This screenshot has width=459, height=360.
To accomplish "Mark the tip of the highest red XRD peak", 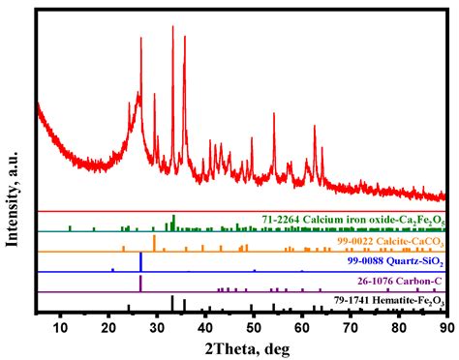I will pos(172,26).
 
